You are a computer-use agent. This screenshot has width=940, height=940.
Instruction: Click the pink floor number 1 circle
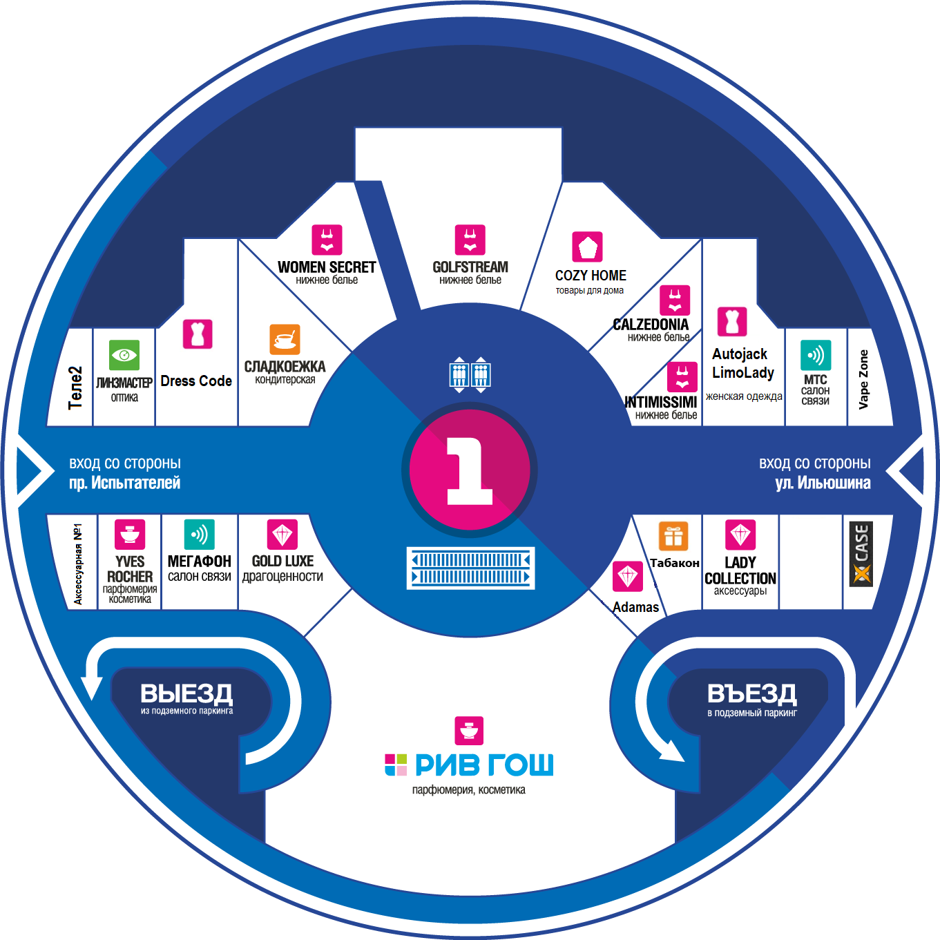click(470, 470)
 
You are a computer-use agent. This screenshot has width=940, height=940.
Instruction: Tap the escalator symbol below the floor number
click(471, 568)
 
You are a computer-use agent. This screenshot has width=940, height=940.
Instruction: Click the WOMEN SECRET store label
click(327, 267)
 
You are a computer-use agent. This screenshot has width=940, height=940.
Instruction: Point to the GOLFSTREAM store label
click(470, 267)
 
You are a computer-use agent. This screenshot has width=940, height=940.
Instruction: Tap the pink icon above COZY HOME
click(588, 247)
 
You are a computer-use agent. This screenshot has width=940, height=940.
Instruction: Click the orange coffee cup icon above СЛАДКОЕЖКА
click(285, 340)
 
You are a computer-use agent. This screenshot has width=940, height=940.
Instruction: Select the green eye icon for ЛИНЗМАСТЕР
click(124, 356)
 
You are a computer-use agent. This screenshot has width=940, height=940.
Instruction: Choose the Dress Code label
click(196, 381)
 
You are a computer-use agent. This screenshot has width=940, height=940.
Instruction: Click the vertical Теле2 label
click(75, 387)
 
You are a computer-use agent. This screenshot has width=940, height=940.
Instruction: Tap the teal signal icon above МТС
click(816, 356)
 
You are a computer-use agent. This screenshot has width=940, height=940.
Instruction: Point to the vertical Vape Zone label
click(863, 379)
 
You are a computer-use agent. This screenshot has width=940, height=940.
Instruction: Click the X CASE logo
click(861, 554)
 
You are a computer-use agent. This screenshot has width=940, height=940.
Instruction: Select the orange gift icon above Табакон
click(673, 536)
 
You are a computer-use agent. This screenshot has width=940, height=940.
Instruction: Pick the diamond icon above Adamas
click(628, 576)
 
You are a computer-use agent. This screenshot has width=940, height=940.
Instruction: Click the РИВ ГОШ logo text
click(483, 765)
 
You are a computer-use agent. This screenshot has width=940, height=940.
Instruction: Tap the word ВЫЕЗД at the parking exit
click(186, 693)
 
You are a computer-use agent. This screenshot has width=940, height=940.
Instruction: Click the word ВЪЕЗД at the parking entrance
click(752, 693)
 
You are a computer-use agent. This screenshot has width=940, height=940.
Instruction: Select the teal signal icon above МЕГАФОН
click(200, 535)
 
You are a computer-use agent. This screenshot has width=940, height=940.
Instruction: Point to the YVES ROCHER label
click(130, 569)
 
